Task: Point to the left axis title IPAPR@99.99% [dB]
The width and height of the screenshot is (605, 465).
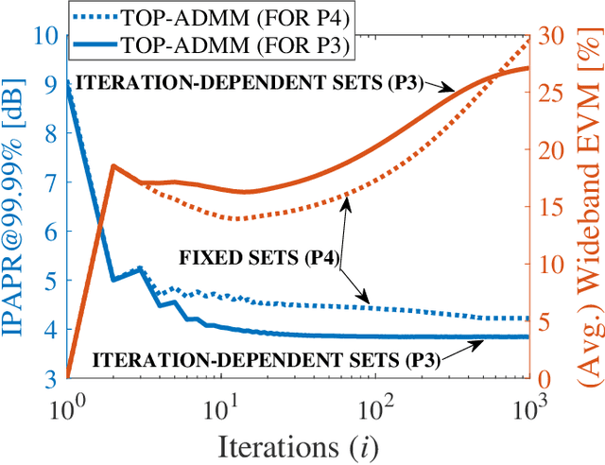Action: pyautogui.click(x=17, y=208)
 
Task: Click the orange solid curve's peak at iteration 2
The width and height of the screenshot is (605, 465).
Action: pyautogui.click(x=112, y=166)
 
